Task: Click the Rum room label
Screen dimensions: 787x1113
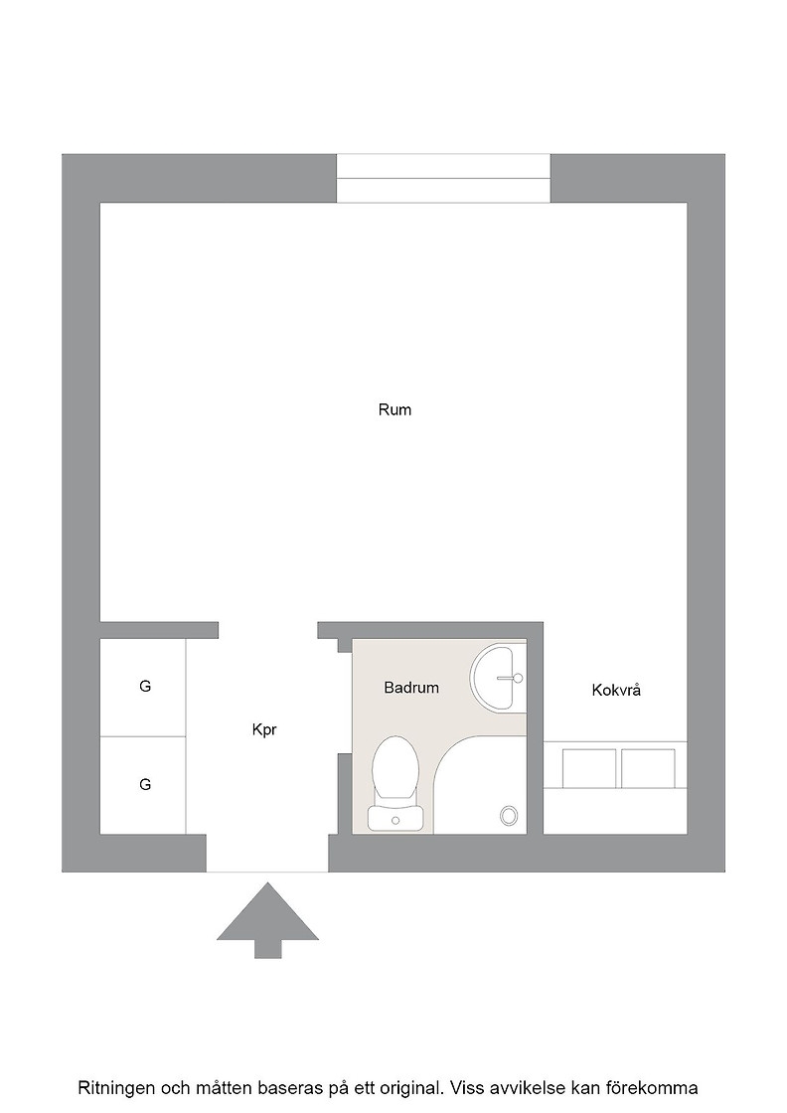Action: [x=394, y=409]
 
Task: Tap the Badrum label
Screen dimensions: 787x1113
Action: [x=411, y=687]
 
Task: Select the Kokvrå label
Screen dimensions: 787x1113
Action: [x=616, y=690]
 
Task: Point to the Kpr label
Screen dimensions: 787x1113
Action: [x=264, y=729]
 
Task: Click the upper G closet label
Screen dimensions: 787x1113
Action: [x=145, y=686]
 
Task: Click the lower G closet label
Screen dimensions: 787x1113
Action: [x=145, y=784]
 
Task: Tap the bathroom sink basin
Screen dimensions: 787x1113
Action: [x=497, y=677]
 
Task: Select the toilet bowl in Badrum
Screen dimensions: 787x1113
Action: [x=394, y=768]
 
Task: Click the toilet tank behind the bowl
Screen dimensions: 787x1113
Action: [x=395, y=818]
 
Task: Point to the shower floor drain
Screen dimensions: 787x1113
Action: [x=509, y=816]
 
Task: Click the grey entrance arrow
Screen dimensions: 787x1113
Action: [x=267, y=920]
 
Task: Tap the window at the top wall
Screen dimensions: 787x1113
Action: [x=443, y=178]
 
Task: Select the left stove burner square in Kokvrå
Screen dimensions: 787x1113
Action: [x=589, y=768]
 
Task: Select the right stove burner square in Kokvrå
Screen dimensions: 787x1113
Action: [x=648, y=768]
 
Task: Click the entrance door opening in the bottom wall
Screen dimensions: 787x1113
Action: [x=267, y=854]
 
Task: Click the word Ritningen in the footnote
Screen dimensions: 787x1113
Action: [x=118, y=1087]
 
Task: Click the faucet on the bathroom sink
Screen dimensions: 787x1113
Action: [x=511, y=678]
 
